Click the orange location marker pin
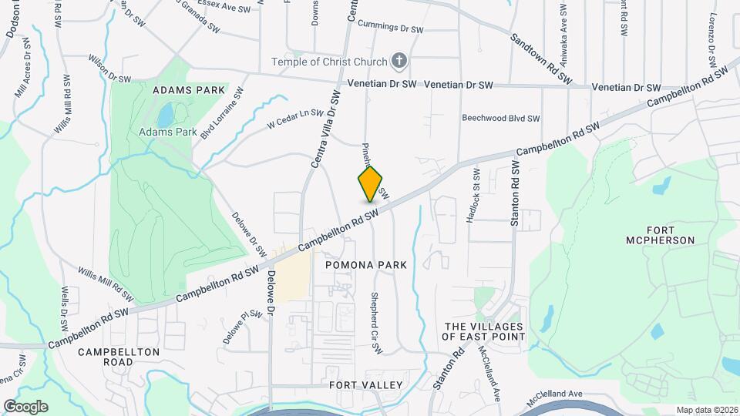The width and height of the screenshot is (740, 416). coord(371,184)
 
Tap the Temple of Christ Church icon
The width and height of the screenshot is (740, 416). coord(399,61)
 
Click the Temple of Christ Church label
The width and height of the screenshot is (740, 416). coord(328,61)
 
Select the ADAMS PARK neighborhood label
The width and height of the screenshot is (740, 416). coord(189,90)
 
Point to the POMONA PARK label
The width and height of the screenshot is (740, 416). coord(365,264)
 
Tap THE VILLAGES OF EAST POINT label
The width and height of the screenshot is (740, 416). coord(484,331)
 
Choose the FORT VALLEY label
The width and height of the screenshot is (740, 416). coord(366,384)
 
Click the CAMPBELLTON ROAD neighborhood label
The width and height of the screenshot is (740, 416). coord(119,357)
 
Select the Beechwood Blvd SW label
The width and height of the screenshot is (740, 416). coord(501,119)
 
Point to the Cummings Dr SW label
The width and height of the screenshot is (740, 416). coord(392,28)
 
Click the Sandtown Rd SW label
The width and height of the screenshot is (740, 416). coord(542,58)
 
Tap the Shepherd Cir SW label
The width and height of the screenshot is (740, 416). coord(376,323)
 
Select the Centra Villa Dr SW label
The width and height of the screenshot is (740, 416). coord(325,129)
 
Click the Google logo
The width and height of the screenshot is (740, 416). coord(25,407)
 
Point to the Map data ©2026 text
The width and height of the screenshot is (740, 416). coord(706,410)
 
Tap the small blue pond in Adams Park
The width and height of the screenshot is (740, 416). coord(166,116)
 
